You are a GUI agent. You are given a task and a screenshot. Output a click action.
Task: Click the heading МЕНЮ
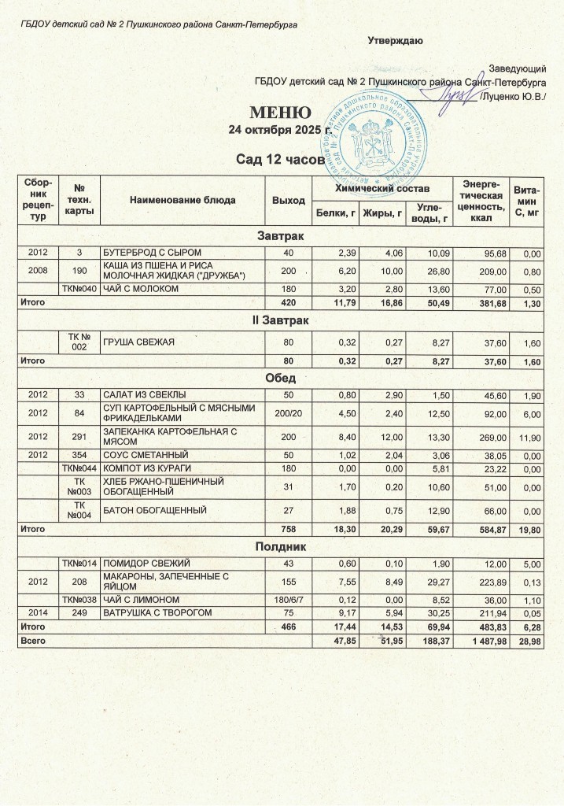282,112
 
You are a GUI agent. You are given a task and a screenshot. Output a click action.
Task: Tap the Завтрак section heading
281,236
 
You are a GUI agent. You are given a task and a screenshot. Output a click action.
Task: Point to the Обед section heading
281,378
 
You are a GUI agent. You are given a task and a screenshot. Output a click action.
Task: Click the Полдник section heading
281,546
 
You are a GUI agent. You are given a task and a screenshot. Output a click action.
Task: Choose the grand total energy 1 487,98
481,641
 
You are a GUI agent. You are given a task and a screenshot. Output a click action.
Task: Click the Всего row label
32,641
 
